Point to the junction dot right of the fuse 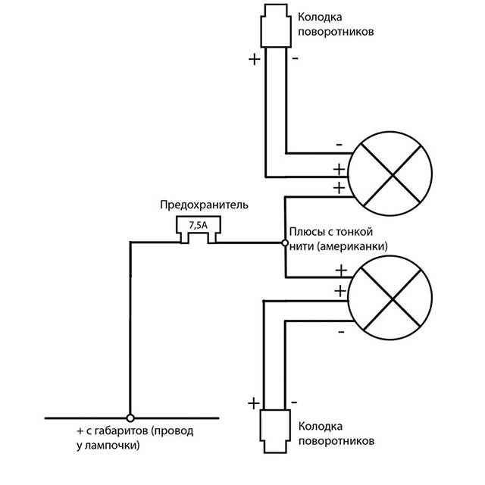point(284,243)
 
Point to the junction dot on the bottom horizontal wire point(130,418)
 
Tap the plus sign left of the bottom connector point(252,402)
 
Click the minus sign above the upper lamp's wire point(338,143)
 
